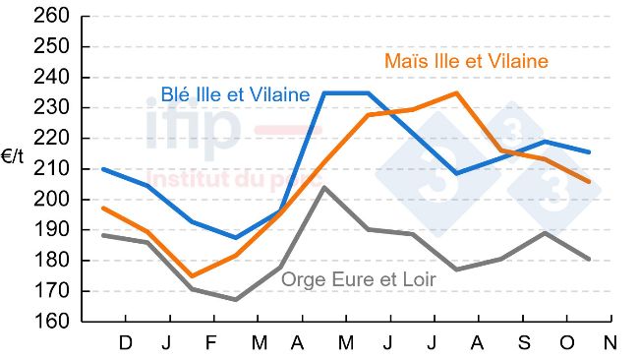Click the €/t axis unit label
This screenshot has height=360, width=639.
pyautogui.click(x=14, y=156)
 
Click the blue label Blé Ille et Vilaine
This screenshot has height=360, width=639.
pyautogui.click(x=235, y=95)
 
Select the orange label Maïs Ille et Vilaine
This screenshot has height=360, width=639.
pyautogui.click(x=464, y=62)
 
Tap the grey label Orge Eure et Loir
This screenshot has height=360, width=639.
pyautogui.click(x=359, y=279)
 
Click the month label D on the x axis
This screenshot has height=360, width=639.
pyautogui.click(x=125, y=343)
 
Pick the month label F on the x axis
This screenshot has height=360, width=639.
pyautogui.click(x=212, y=343)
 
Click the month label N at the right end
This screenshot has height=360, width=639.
pyautogui.click(x=610, y=343)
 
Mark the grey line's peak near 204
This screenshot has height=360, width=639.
pyautogui.click(x=323, y=187)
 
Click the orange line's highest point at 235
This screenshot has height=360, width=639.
pyautogui.click(x=456, y=93)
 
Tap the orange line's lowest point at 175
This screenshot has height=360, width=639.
pyautogui.click(x=192, y=275)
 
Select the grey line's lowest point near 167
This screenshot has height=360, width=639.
pyautogui.click(x=236, y=300)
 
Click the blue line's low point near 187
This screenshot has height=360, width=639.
pyautogui.click(x=236, y=238)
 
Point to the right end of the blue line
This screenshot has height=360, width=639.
pyautogui.click(x=589, y=152)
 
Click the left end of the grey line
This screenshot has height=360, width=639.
pyautogui.click(x=103, y=235)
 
